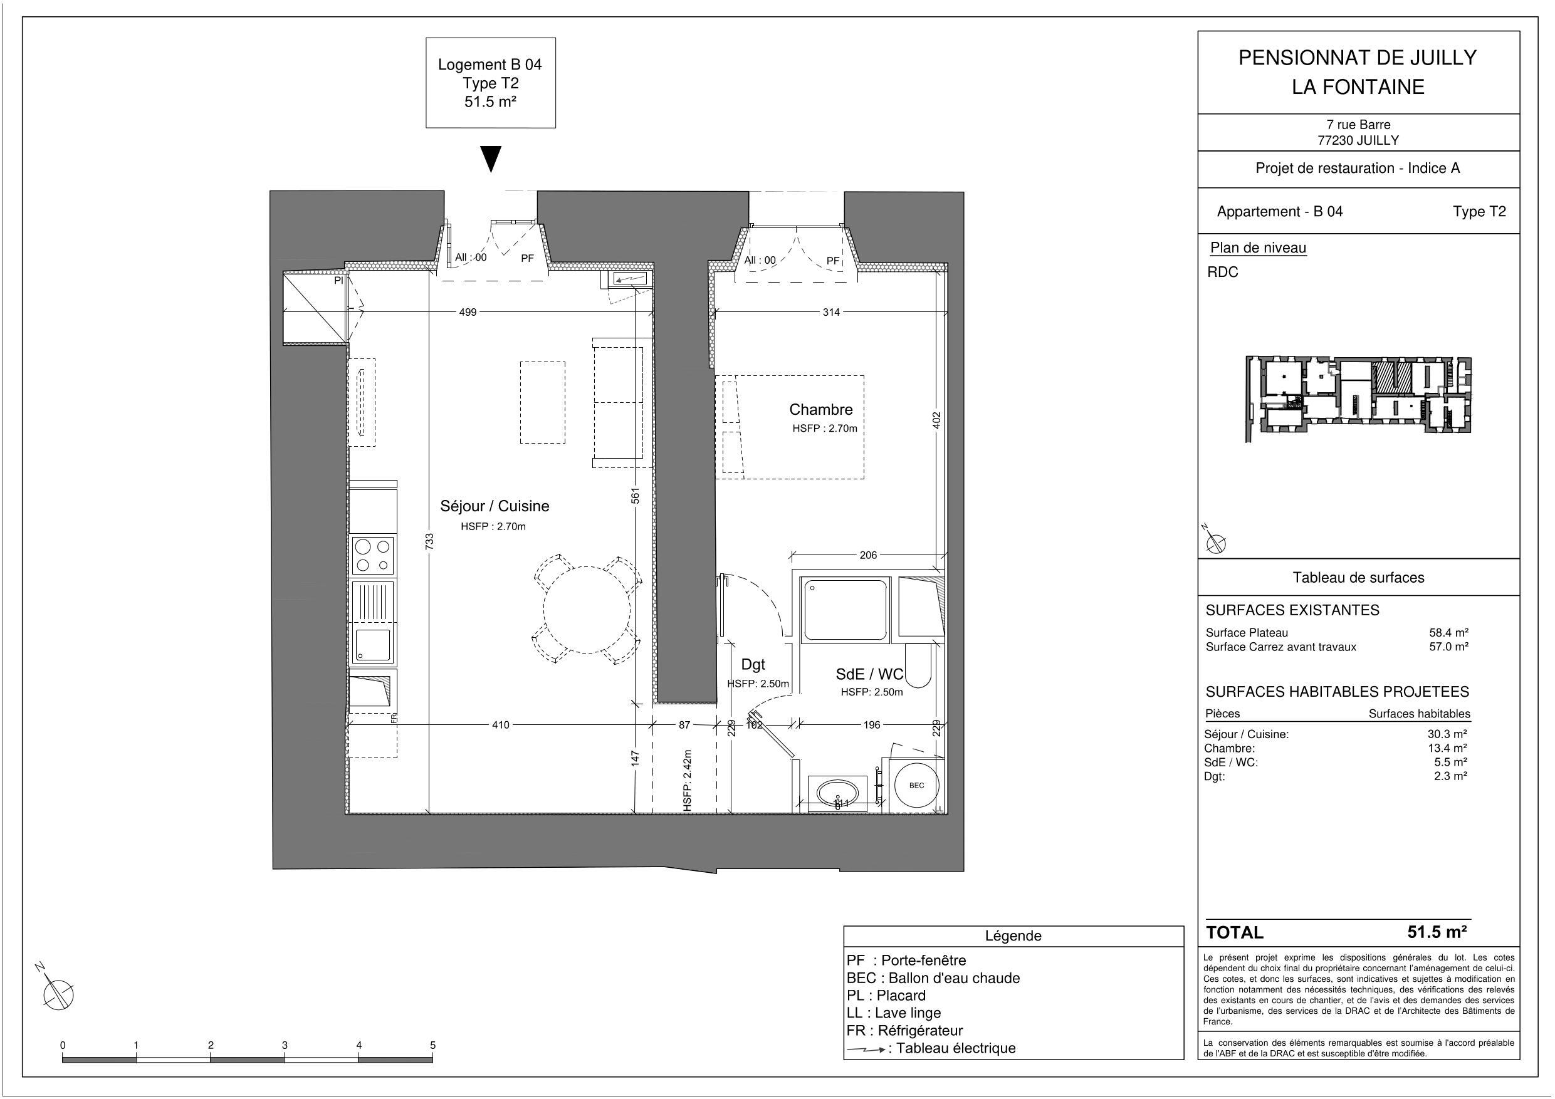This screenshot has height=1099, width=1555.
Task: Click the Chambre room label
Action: point(820,410)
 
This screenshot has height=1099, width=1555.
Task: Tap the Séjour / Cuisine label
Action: point(495,506)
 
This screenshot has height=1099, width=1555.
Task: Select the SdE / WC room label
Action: point(869,674)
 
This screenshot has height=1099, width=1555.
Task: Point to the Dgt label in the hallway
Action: point(753,665)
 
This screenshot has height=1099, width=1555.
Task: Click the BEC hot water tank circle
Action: point(916,786)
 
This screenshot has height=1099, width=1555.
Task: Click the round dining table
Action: point(587,610)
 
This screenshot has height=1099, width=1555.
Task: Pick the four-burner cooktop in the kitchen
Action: point(373,555)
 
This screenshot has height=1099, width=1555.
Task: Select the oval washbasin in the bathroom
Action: point(838,792)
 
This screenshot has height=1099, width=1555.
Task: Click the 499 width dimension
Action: point(468,312)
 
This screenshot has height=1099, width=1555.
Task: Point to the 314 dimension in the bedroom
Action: point(831,312)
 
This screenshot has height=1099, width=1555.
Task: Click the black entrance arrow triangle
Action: point(491,159)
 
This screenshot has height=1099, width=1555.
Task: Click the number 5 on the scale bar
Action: point(432,1045)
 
